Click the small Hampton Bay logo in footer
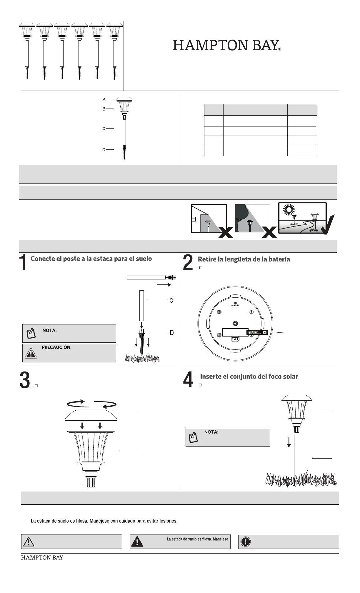pyautogui.click(x=42, y=558)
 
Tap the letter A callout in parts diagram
pyautogui.click(x=104, y=99)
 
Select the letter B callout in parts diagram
pyautogui.click(x=104, y=109)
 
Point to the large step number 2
pyautogui.click(x=188, y=263)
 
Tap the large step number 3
pyautogui.click(x=25, y=380)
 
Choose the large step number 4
pyautogui.click(x=188, y=380)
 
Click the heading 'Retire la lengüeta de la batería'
pyautogui.click(x=244, y=259)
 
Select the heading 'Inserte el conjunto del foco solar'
pyautogui.click(x=249, y=377)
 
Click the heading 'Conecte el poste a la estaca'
pyautogui.click(x=91, y=259)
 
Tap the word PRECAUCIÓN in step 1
pyautogui.click(x=57, y=347)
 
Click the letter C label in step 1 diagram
pyautogui.click(x=171, y=301)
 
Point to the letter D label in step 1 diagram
pyautogui.click(x=172, y=333)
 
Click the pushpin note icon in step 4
pyautogui.click(x=193, y=437)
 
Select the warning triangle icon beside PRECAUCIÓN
pyautogui.click(x=30, y=353)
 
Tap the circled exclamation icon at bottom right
pyautogui.click(x=246, y=542)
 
